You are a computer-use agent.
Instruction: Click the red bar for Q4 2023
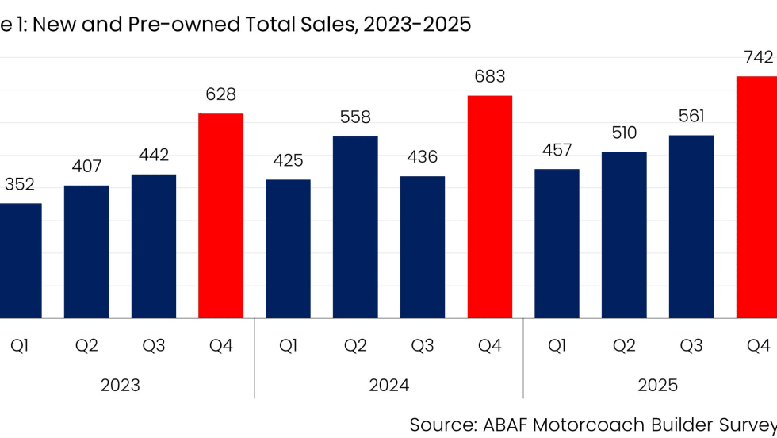(220, 216)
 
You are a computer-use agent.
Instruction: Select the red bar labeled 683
(489, 207)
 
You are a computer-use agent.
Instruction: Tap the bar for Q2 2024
(355, 227)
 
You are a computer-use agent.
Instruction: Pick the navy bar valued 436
(423, 247)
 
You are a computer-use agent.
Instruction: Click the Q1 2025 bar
(557, 244)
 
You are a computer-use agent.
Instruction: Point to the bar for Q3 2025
(691, 226)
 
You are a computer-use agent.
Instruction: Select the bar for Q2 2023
(86, 252)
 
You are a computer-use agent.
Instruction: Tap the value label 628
(220, 94)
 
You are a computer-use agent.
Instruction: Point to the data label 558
(355, 117)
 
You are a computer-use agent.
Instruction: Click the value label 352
(20, 185)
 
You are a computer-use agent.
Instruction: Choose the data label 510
(624, 133)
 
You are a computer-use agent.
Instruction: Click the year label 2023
(120, 386)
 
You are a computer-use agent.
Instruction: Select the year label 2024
(388, 386)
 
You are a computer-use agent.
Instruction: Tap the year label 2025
(657, 386)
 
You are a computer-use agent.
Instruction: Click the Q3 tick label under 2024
(423, 346)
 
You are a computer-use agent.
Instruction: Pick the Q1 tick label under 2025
(557, 346)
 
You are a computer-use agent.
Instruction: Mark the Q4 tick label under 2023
(220, 346)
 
